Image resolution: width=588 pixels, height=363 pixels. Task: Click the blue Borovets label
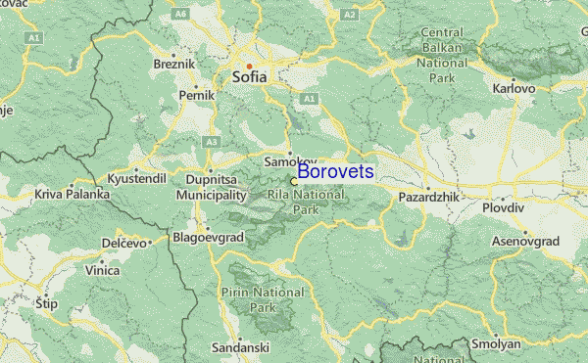(x=335, y=172)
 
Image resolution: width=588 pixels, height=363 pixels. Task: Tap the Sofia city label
(x=252, y=75)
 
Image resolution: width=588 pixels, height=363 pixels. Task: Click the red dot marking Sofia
(x=249, y=66)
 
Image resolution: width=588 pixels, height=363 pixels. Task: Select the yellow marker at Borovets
(x=293, y=181)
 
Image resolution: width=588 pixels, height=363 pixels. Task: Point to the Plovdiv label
(x=504, y=207)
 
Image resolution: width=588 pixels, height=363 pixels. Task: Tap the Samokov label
(x=290, y=160)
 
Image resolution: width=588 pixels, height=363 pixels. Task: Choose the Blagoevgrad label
(x=204, y=236)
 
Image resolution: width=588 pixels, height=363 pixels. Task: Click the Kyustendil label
(x=137, y=180)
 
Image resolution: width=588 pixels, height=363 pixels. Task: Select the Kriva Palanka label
(x=72, y=195)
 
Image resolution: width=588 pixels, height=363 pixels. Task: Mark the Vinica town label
(x=102, y=270)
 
